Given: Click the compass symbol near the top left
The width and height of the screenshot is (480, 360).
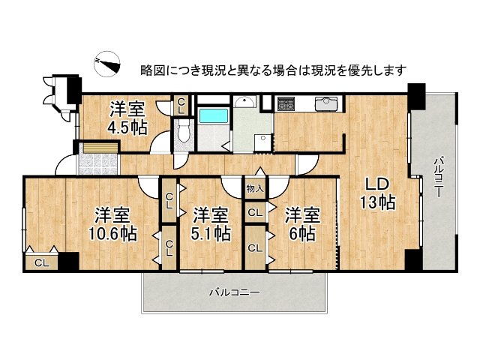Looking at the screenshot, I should [107, 65].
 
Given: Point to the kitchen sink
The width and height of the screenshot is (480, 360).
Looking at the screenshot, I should [327, 104].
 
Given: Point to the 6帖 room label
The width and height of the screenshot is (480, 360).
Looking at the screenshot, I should [302, 233].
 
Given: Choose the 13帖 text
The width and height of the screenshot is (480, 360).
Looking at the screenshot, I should [376, 202].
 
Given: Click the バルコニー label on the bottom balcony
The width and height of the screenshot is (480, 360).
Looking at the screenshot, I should [234, 292].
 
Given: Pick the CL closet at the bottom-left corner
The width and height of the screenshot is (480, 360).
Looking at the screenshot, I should [43, 262].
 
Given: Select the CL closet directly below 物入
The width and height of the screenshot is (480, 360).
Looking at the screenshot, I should [255, 213].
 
